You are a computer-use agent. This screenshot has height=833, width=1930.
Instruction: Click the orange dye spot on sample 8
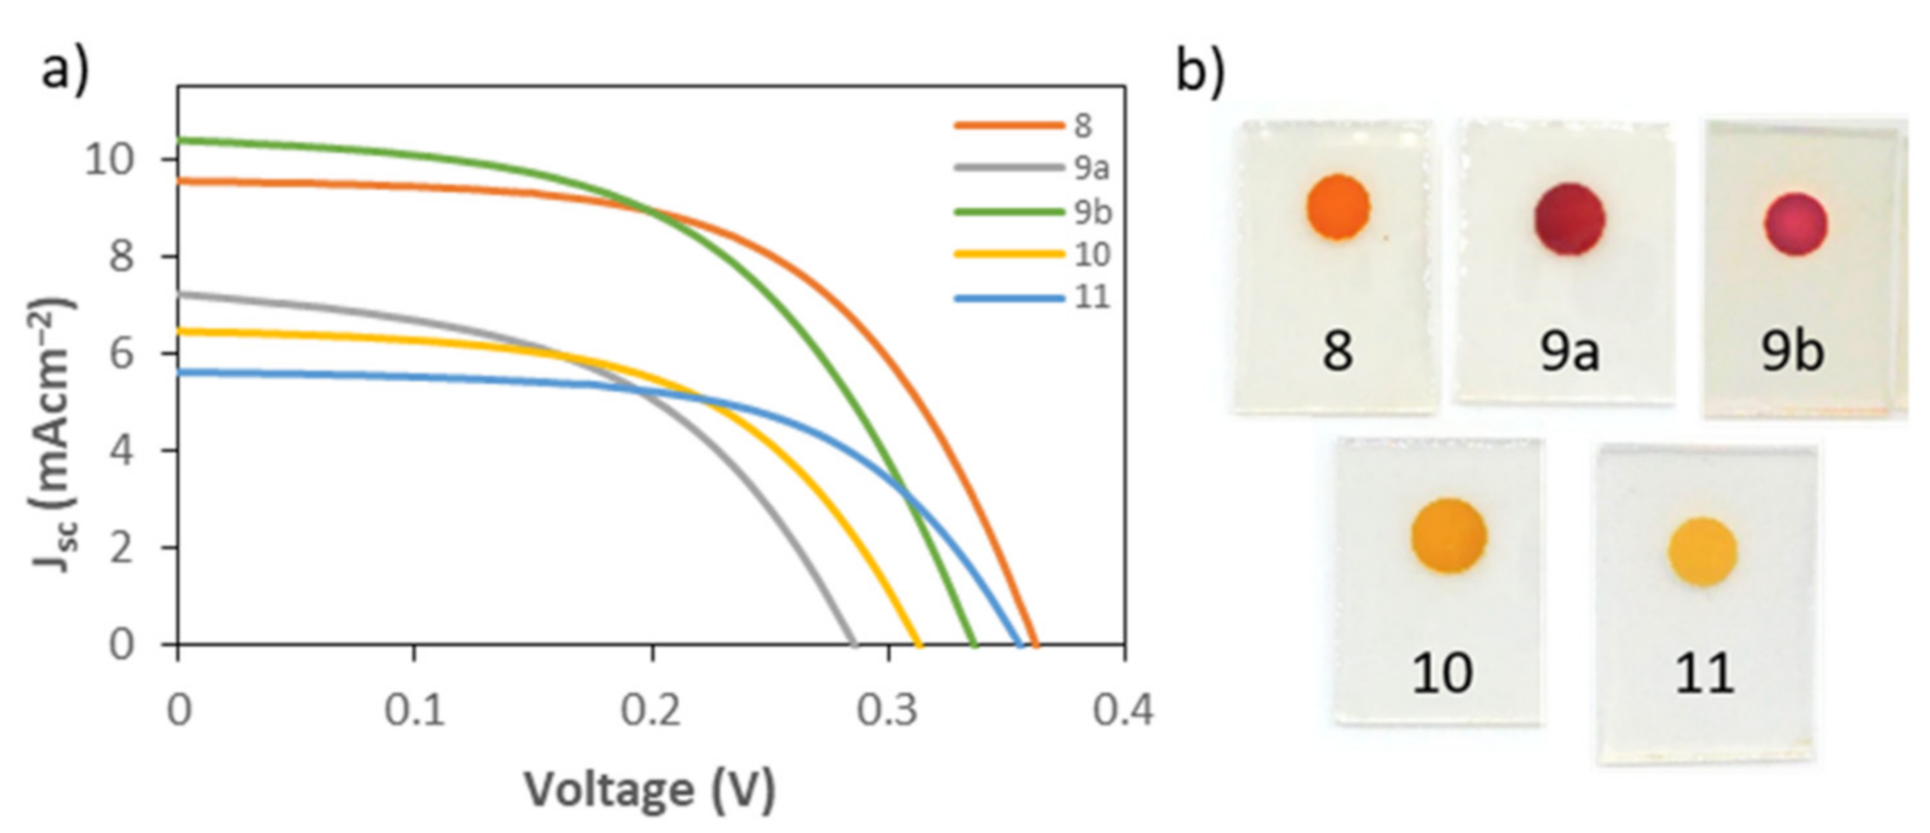coord(1338,207)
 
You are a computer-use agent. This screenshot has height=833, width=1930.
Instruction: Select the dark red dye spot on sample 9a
coord(1569,219)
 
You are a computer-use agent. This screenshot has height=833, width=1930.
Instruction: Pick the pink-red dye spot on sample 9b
coord(1796,224)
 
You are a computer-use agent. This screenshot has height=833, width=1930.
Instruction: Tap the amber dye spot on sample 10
coord(1448,536)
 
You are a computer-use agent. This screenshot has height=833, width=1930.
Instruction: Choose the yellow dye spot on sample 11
coord(1702,552)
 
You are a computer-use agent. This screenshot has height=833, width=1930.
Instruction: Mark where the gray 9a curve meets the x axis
coord(855,644)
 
